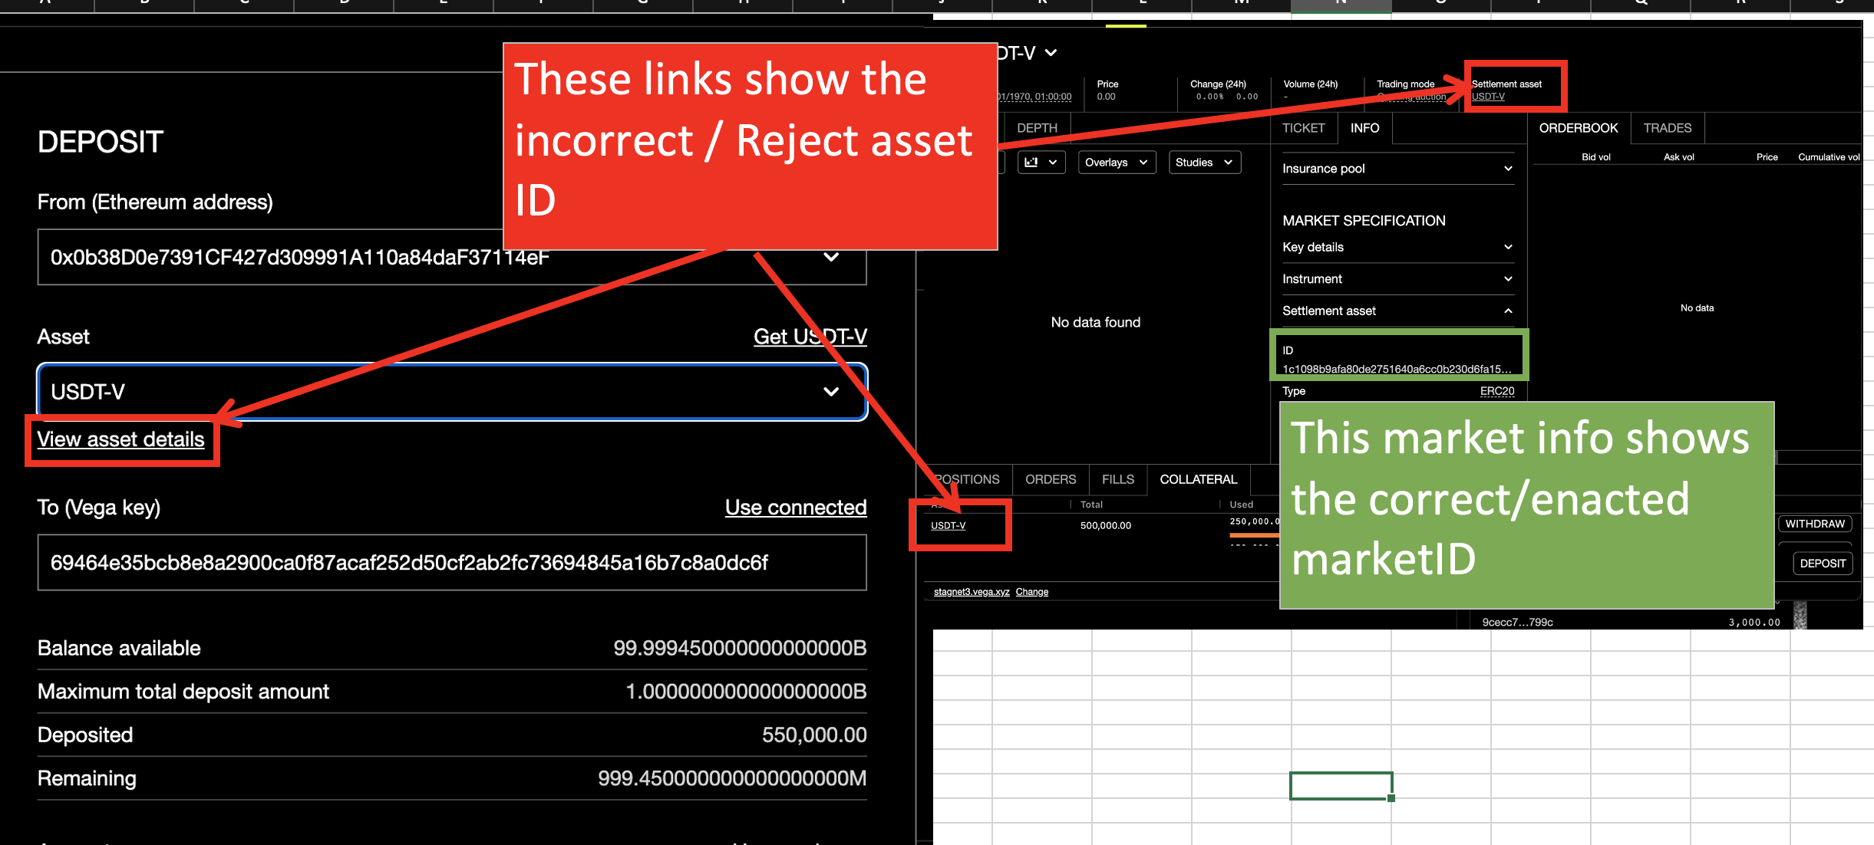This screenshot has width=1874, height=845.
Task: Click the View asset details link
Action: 120,439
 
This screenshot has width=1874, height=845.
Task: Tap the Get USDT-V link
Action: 810,337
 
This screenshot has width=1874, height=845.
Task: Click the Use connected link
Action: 796,508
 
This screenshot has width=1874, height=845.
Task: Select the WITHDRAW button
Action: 1814,524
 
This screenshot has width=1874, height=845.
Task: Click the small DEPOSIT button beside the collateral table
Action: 1823,564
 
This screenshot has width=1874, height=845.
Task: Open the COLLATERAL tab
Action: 1198,479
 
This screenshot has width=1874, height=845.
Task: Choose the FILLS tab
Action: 1117,479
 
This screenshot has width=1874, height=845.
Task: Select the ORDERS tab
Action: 1051,479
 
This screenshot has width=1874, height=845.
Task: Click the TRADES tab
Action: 1667,128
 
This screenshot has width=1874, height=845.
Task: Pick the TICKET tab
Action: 1303,128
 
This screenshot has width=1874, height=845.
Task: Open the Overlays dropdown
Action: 1116,163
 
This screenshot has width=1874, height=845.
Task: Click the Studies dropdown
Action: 1203,163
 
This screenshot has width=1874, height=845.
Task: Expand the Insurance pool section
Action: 1397,169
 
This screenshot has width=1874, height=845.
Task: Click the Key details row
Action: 1397,247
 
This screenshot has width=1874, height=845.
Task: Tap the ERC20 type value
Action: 1496,391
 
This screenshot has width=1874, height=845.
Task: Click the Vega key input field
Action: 451,563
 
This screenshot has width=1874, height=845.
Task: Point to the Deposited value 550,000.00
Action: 813,735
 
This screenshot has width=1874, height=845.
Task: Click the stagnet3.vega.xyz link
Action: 972,592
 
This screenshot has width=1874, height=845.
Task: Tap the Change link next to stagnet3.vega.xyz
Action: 1031,592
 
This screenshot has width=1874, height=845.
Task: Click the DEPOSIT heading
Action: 101,142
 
